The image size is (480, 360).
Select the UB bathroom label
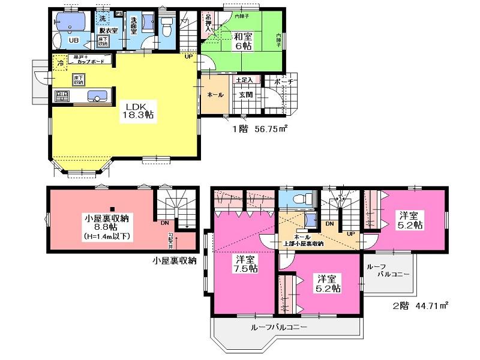[73, 40]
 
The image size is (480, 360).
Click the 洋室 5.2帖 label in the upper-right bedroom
[411, 219]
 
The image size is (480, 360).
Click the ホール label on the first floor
[215, 95]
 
